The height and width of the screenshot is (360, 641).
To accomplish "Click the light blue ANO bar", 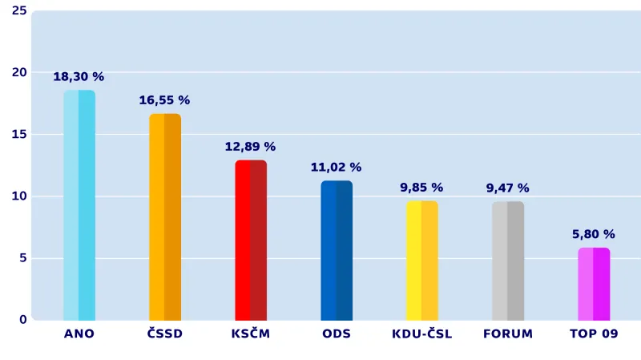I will point(79,205).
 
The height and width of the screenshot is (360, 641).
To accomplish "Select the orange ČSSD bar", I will point(165,216).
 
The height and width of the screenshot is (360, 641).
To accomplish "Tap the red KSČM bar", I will point(251,240).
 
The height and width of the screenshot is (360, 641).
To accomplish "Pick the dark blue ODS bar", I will point(337,250).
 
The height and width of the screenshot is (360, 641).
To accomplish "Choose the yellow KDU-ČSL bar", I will point(422,260).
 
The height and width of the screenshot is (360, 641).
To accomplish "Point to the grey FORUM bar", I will point(508,261).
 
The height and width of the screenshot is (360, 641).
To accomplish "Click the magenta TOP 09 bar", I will point(594,283).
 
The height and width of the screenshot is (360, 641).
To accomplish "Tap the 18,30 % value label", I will point(79,77).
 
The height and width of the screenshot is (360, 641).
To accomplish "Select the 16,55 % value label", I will point(164,100).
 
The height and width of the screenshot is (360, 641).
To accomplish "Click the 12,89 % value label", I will point(250,147).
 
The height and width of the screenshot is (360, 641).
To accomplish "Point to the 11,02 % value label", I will point(336,168).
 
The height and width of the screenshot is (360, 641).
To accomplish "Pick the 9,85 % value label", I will point(421,188).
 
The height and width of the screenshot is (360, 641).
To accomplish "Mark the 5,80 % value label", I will point(594,234).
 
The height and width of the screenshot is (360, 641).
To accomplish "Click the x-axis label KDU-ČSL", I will point(422,334).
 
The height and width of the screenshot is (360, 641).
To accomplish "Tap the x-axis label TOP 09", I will point(594,334).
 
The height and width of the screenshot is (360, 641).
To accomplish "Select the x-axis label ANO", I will point(79,334).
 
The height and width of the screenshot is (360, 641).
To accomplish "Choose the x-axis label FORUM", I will point(508,334).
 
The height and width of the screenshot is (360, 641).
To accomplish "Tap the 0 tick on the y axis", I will point(22,319).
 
